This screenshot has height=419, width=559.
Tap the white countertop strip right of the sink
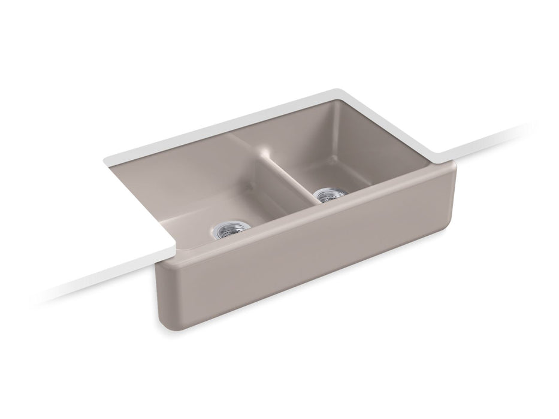[x=509, y=138]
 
